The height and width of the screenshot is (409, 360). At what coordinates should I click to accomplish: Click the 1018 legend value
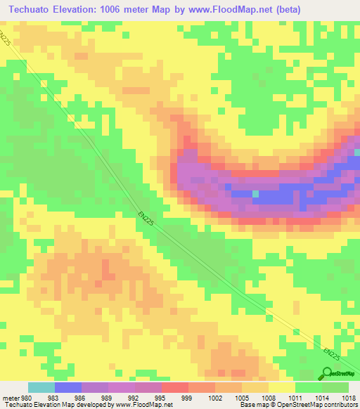point(349,397)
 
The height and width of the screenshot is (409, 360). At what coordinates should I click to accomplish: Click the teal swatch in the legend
point(41,387)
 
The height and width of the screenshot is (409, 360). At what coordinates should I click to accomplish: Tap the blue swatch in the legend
point(67,387)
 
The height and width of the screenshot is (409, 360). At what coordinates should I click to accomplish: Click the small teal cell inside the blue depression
point(256,193)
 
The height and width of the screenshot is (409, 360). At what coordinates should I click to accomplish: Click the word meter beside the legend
point(11,397)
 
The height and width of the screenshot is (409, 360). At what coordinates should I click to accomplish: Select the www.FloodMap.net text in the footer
point(140,405)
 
